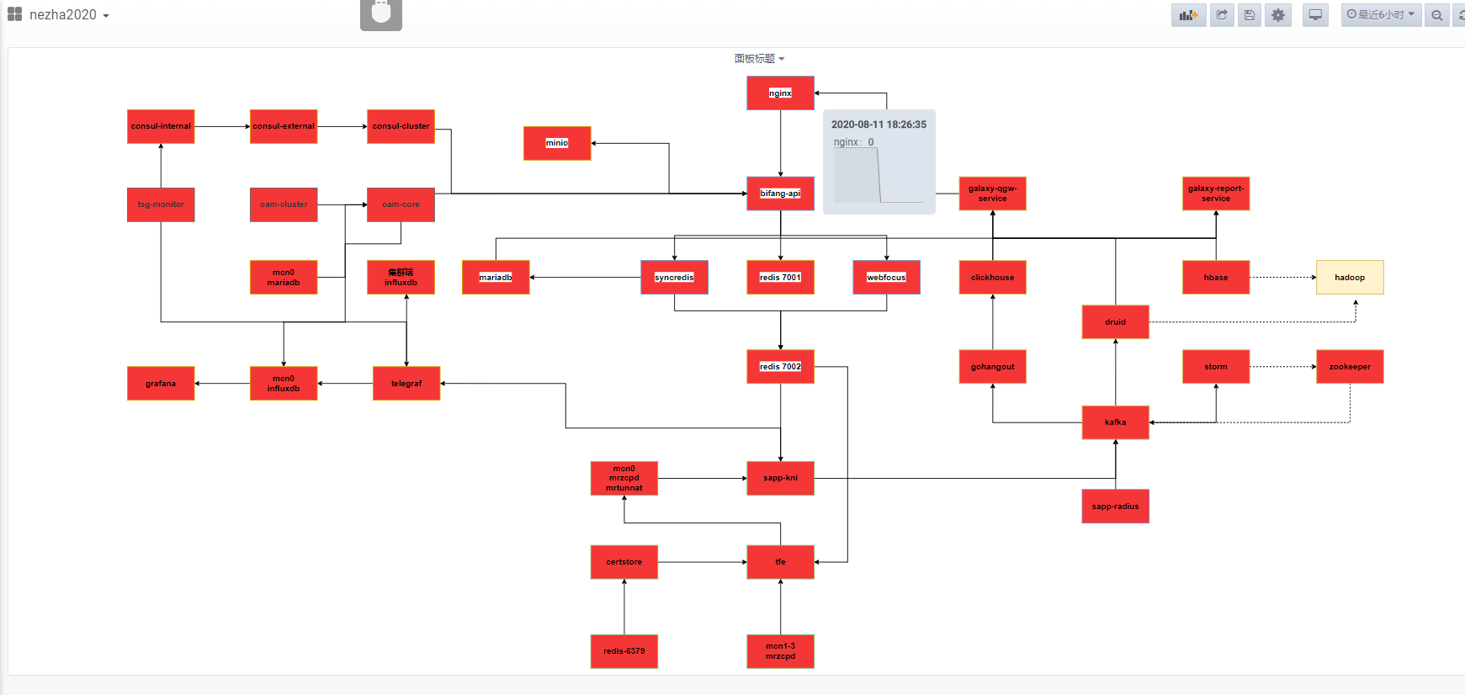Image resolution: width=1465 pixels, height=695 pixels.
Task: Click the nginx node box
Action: [x=780, y=93]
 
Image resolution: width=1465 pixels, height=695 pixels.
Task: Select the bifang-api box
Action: [x=780, y=194]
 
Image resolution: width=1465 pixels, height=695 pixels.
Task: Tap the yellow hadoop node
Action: [x=1350, y=278]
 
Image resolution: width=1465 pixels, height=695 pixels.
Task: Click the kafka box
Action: [x=1115, y=422]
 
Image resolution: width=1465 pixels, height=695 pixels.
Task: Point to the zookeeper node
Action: [x=1350, y=367]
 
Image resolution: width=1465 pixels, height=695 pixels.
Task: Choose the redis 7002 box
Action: [x=780, y=367]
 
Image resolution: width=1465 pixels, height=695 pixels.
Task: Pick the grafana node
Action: [x=161, y=384]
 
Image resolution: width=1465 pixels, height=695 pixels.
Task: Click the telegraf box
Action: [x=406, y=384]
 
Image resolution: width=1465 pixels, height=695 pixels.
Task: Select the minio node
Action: [x=557, y=143]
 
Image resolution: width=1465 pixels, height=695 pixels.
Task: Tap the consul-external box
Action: [x=284, y=126]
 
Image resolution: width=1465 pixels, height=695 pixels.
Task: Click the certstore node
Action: [x=624, y=562]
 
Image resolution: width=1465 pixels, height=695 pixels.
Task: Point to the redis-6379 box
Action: [x=624, y=651]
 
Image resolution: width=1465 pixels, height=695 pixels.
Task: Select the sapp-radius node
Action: [x=1115, y=507]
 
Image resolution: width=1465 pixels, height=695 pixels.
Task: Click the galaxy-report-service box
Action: [x=1215, y=194]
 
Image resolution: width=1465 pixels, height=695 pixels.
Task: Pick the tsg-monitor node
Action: [x=161, y=204]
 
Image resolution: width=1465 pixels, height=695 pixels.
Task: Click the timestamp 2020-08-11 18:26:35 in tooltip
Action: [x=878, y=125]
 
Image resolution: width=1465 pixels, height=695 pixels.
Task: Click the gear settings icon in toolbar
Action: [x=1278, y=15]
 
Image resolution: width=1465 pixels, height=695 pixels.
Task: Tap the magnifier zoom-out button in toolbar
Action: [x=1437, y=15]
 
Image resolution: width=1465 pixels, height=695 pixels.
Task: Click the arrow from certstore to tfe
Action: [x=702, y=562]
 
